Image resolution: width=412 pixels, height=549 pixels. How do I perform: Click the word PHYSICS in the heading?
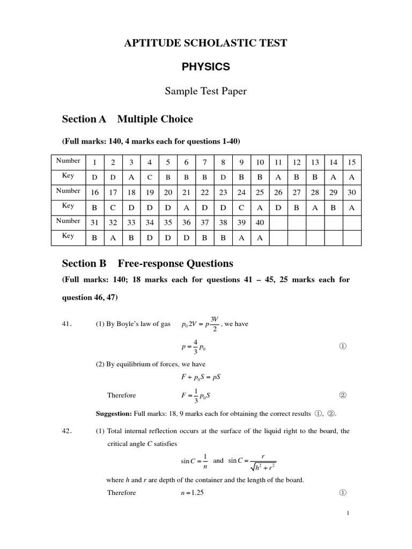[205, 67]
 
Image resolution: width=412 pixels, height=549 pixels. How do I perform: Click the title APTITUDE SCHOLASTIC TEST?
[205, 43]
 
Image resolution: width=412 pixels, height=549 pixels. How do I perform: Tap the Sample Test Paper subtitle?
[205, 91]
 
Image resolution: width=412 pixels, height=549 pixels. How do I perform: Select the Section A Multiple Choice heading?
[127, 119]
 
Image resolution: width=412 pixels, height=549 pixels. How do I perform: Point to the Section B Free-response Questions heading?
[148, 263]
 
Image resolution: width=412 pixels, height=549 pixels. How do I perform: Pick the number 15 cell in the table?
[352, 162]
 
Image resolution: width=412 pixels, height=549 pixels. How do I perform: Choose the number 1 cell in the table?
[95, 162]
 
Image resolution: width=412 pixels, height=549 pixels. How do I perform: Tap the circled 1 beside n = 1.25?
[343, 493]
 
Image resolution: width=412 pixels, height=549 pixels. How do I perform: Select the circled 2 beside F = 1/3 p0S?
[343, 395]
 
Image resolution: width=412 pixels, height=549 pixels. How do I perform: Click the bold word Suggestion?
[113, 413]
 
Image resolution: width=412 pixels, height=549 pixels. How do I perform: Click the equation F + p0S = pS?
[204, 377]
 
